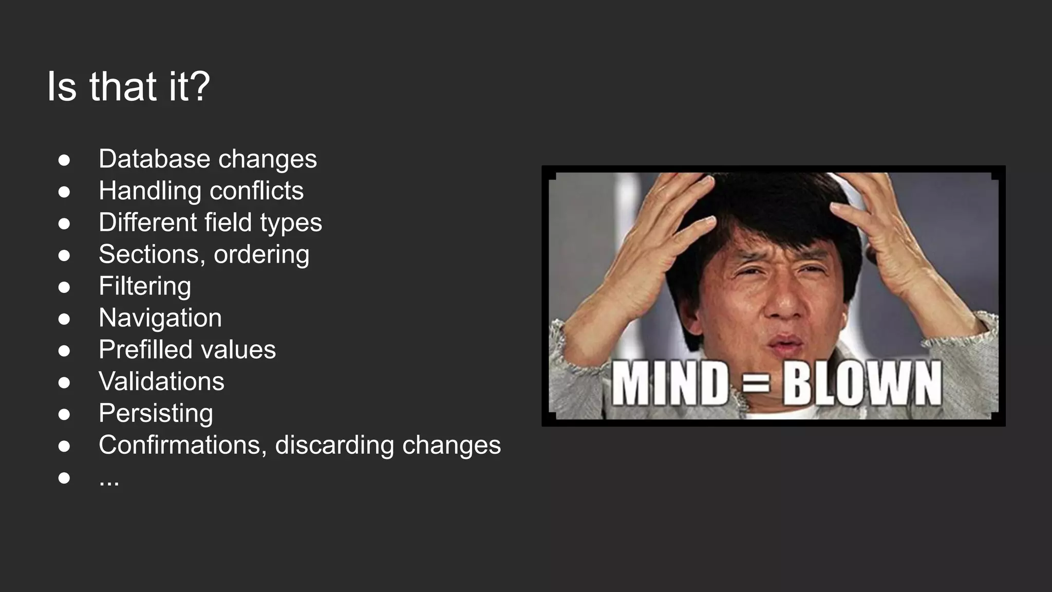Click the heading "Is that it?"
128,86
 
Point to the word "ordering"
261,254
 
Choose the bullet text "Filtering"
145,286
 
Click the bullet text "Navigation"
160,318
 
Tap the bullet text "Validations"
161,382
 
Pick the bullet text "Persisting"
156,414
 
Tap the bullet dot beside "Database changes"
64,160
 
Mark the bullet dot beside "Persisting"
64,414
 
